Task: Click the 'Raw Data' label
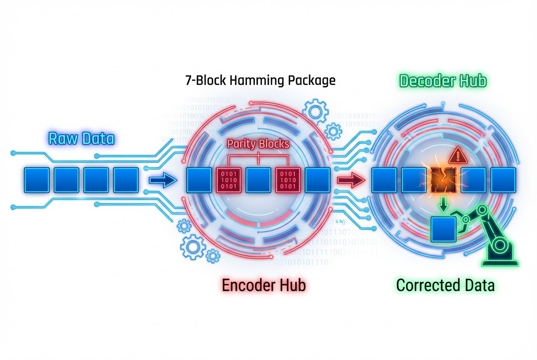coord(81,139)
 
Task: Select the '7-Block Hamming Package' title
coord(260,80)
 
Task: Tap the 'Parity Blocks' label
coord(258,144)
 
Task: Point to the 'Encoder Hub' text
coord(263,285)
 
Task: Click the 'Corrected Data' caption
coord(445,285)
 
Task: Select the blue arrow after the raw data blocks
coord(163,180)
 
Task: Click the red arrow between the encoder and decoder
coord(350,180)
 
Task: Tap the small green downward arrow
coord(444,205)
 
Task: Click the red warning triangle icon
coord(457,156)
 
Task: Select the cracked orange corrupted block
coord(444,180)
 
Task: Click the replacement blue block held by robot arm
coord(444,229)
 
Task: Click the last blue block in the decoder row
coord(503,180)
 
